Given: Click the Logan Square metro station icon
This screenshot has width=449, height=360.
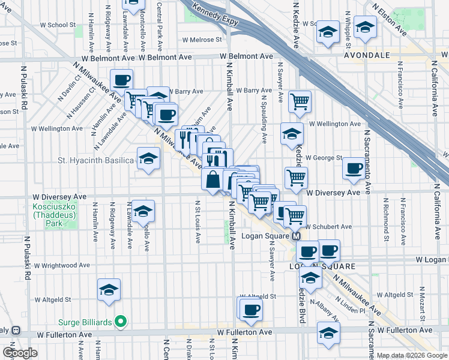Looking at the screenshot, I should click(297, 237).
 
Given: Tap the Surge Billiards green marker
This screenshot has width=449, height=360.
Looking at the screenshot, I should click(121, 322).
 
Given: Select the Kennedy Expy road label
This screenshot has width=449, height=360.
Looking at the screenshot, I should click(214, 19).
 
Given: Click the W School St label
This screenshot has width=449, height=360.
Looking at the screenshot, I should click(57, 25).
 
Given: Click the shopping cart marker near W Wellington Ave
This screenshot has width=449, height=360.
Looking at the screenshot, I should click(299, 101).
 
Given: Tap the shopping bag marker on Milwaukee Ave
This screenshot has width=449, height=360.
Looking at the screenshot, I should click(213, 179).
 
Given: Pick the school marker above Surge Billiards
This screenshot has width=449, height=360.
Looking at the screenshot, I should click(109, 290).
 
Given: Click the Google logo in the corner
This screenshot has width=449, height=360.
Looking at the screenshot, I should click(20, 353).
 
